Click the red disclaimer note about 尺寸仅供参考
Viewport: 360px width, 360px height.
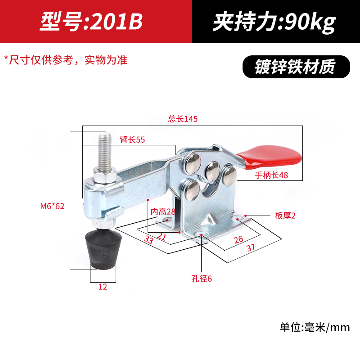tap(66, 60)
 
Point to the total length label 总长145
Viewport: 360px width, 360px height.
tap(183, 119)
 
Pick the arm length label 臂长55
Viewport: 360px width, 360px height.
tap(132, 139)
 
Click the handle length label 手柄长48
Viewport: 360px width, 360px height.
tap(271, 175)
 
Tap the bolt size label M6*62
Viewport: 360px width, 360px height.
tap(52, 207)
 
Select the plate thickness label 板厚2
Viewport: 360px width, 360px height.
tap(285, 216)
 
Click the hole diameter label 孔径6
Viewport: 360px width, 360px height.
tap(201, 279)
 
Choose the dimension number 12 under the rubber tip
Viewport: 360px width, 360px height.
tap(103, 287)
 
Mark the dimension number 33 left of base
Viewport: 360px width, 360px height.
tap(148, 240)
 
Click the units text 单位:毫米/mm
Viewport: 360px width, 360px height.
tap(314, 327)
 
